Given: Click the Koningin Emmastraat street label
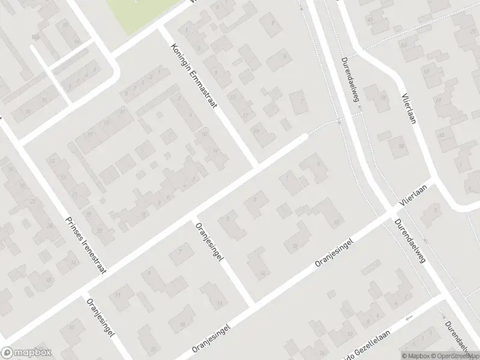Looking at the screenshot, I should point(193,76).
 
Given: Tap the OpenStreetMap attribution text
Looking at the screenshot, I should point(453,355).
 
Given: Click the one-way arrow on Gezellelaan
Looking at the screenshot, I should point(410,319).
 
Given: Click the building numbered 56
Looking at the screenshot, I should point(373,96).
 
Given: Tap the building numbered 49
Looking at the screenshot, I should point(370,21).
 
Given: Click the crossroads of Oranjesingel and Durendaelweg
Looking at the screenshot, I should point(390,214).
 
